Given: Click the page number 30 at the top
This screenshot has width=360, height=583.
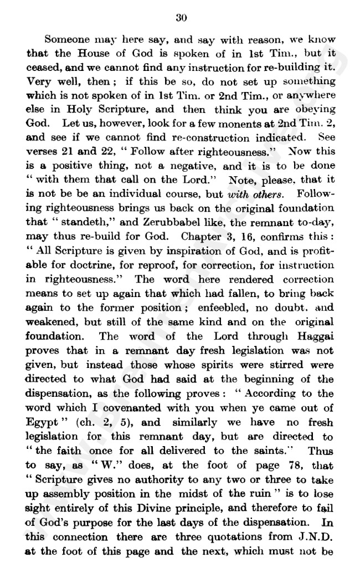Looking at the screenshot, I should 181,18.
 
